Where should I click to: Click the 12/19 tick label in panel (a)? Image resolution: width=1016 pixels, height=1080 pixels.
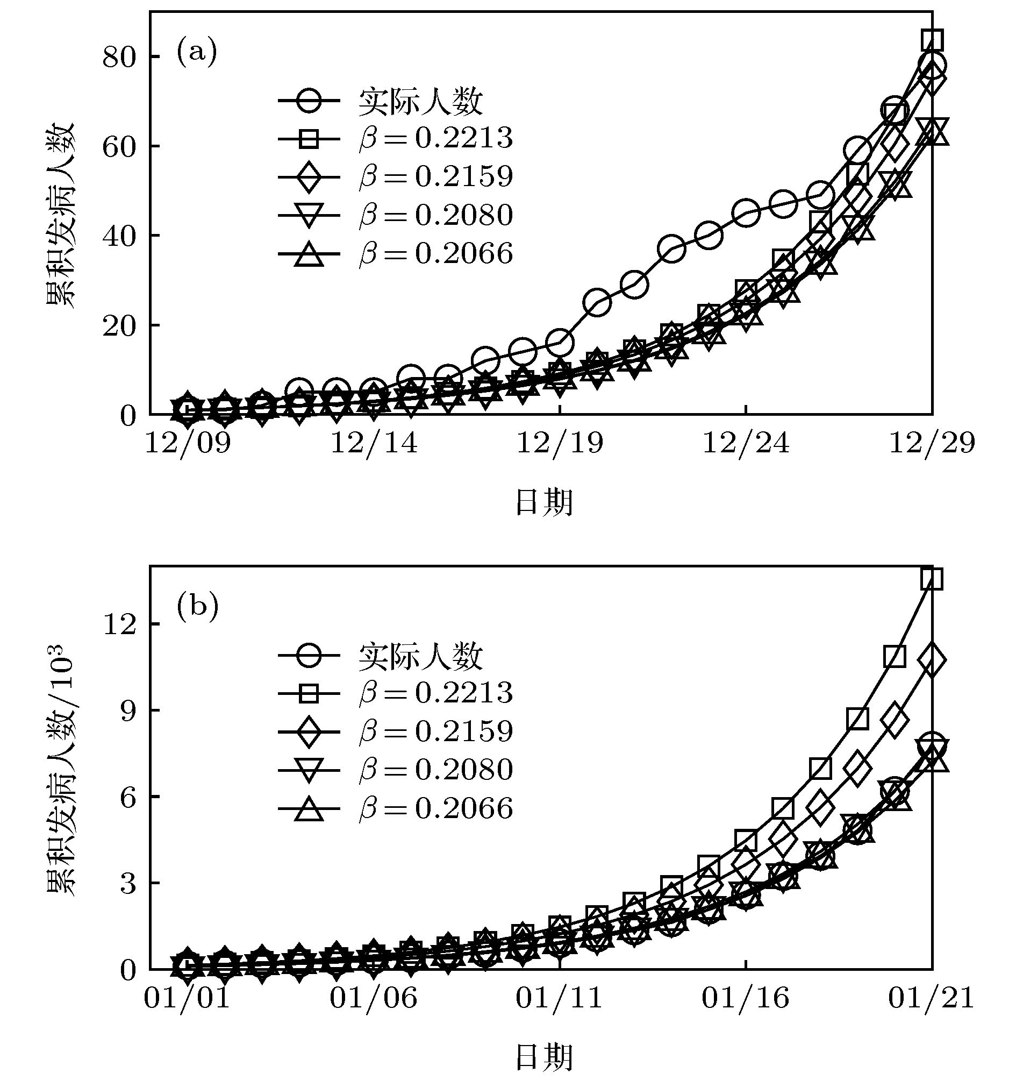point(560,444)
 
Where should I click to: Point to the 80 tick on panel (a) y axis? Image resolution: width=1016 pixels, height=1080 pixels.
point(119,56)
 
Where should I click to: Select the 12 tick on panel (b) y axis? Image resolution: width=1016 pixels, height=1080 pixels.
point(119,624)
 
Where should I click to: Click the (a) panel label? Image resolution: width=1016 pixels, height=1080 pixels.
point(197,52)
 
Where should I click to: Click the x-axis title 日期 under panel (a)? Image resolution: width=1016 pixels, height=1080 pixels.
point(543,502)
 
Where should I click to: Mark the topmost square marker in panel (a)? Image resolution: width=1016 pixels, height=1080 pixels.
point(932,40)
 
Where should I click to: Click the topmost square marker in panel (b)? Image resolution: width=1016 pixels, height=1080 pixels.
point(932,579)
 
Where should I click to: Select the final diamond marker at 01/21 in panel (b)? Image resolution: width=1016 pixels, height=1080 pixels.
point(932,659)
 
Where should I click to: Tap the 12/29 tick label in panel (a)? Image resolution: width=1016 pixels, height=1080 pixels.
point(932,444)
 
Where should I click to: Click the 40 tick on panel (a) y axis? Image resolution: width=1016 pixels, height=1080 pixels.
point(119,236)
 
